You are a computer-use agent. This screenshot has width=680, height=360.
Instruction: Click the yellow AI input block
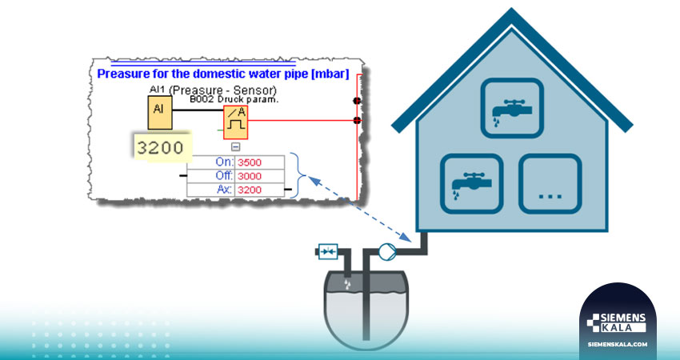pyautogui.click(x=160, y=113)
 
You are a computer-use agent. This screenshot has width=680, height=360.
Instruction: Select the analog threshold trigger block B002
pyautogui.click(x=235, y=122)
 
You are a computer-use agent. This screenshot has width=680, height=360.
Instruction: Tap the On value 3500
pyautogui.click(x=250, y=162)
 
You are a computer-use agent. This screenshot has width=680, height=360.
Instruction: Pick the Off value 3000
pyautogui.click(x=250, y=176)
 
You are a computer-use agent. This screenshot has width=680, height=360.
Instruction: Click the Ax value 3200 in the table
pyautogui.click(x=250, y=190)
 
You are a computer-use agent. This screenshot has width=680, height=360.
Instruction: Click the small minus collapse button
pyautogui.click(x=235, y=147)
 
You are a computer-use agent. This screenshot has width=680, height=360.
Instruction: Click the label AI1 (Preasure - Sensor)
pyautogui.click(x=213, y=90)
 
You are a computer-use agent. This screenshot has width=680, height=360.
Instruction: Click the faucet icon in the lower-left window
pyautogui.click(x=471, y=183)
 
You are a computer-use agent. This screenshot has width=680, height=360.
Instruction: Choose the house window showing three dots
pyautogui.click(x=550, y=183)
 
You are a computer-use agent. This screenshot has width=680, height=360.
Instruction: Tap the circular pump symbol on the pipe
pyautogui.click(x=387, y=252)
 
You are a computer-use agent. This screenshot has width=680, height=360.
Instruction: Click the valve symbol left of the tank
pyautogui.click(x=328, y=251)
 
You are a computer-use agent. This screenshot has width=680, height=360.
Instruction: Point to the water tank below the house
pyautogui.click(x=366, y=308)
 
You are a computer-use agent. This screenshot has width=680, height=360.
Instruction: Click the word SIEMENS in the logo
pyautogui.click(x=622, y=318)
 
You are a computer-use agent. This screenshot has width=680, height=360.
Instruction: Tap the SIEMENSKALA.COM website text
pyautogui.click(x=618, y=344)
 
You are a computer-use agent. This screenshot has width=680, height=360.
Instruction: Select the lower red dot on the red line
pyautogui.click(x=357, y=120)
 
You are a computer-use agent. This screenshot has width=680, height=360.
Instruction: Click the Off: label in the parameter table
pyautogui.click(x=224, y=176)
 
